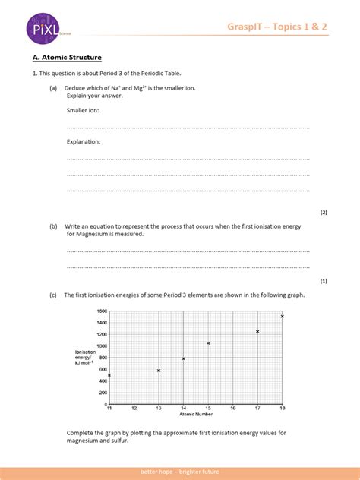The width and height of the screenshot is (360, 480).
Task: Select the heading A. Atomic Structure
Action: click(67, 58)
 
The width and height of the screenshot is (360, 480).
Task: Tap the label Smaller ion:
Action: click(83, 110)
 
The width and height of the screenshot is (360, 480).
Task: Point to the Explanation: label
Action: click(84, 141)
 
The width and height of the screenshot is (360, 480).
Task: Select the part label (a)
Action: click(54, 88)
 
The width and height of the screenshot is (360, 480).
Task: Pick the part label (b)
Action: click(54, 226)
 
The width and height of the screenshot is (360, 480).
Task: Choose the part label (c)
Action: click(54, 295)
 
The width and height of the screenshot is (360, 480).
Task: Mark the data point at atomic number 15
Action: click(208, 343)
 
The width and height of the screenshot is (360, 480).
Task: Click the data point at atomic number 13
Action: click(159, 371)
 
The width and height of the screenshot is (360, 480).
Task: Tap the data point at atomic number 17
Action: click(257, 331)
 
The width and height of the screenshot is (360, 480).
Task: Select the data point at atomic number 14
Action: click(183, 358)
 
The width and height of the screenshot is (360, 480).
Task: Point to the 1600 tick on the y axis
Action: click(102, 311)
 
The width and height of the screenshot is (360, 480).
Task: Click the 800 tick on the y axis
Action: click(103, 358)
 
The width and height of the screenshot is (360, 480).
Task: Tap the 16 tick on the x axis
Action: click(232, 409)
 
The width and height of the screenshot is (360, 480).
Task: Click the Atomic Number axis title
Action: click(194, 415)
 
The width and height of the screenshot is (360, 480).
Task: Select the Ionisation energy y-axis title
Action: click(84, 357)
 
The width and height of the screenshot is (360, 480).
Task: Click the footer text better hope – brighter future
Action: click(180, 472)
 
